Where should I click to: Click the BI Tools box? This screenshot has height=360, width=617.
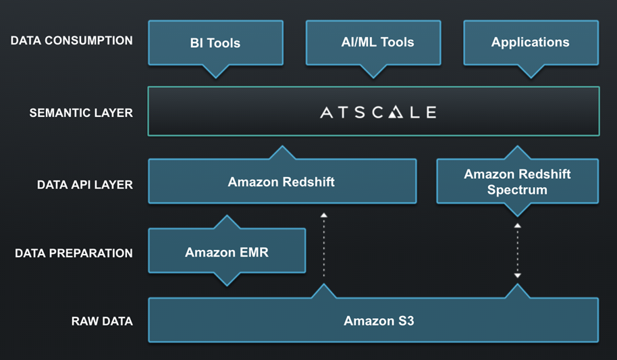click(x=215, y=43)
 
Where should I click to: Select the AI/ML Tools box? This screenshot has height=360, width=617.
click(x=373, y=42)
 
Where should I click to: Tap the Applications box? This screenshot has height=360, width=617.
click(x=530, y=42)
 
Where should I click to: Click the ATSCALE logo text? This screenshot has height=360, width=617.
click(x=377, y=112)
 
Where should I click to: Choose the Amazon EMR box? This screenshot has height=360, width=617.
click(x=226, y=253)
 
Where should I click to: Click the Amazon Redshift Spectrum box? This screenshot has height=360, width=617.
click(x=517, y=182)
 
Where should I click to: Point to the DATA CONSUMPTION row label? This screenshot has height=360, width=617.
click(x=72, y=41)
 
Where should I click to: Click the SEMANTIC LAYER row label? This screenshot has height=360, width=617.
click(x=81, y=113)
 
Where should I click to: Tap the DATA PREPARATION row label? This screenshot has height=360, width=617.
click(x=74, y=253)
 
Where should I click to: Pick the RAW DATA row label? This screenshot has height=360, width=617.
click(x=102, y=321)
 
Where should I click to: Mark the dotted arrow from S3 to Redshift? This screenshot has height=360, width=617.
click(x=323, y=245)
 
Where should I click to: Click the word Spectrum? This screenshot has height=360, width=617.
click(x=517, y=190)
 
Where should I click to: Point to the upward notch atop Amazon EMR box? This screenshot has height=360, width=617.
click(x=226, y=222)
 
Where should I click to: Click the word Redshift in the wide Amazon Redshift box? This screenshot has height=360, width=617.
click(x=308, y=182)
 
